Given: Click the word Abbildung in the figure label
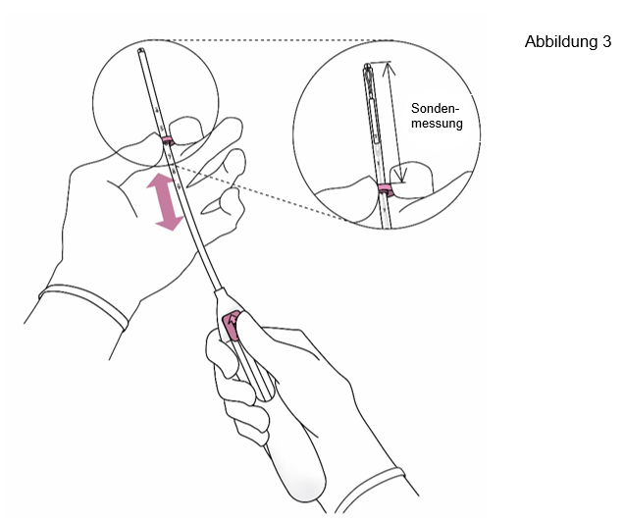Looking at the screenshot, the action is [560, 42].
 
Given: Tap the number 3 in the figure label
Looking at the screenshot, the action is [606, 41].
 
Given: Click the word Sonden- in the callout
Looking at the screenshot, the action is [435, 108].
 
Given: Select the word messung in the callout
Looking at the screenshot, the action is [437, 124].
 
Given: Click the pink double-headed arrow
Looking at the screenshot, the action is [165, 201].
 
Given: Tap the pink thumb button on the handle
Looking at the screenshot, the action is [231, 326].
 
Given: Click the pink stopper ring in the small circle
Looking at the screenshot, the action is [168, 140].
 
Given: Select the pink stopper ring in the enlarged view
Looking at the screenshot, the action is [386, 189].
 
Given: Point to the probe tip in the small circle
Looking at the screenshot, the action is [141, 51].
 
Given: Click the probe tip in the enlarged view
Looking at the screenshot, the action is [367, 66].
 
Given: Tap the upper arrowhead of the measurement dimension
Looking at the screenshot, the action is [390, 68].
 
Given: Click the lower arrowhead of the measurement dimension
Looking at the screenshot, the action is [402, 175].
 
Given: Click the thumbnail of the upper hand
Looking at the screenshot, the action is [186, 129].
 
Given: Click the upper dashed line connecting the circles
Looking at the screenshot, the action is [281, 40].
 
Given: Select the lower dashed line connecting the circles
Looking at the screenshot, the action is [259, 192].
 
